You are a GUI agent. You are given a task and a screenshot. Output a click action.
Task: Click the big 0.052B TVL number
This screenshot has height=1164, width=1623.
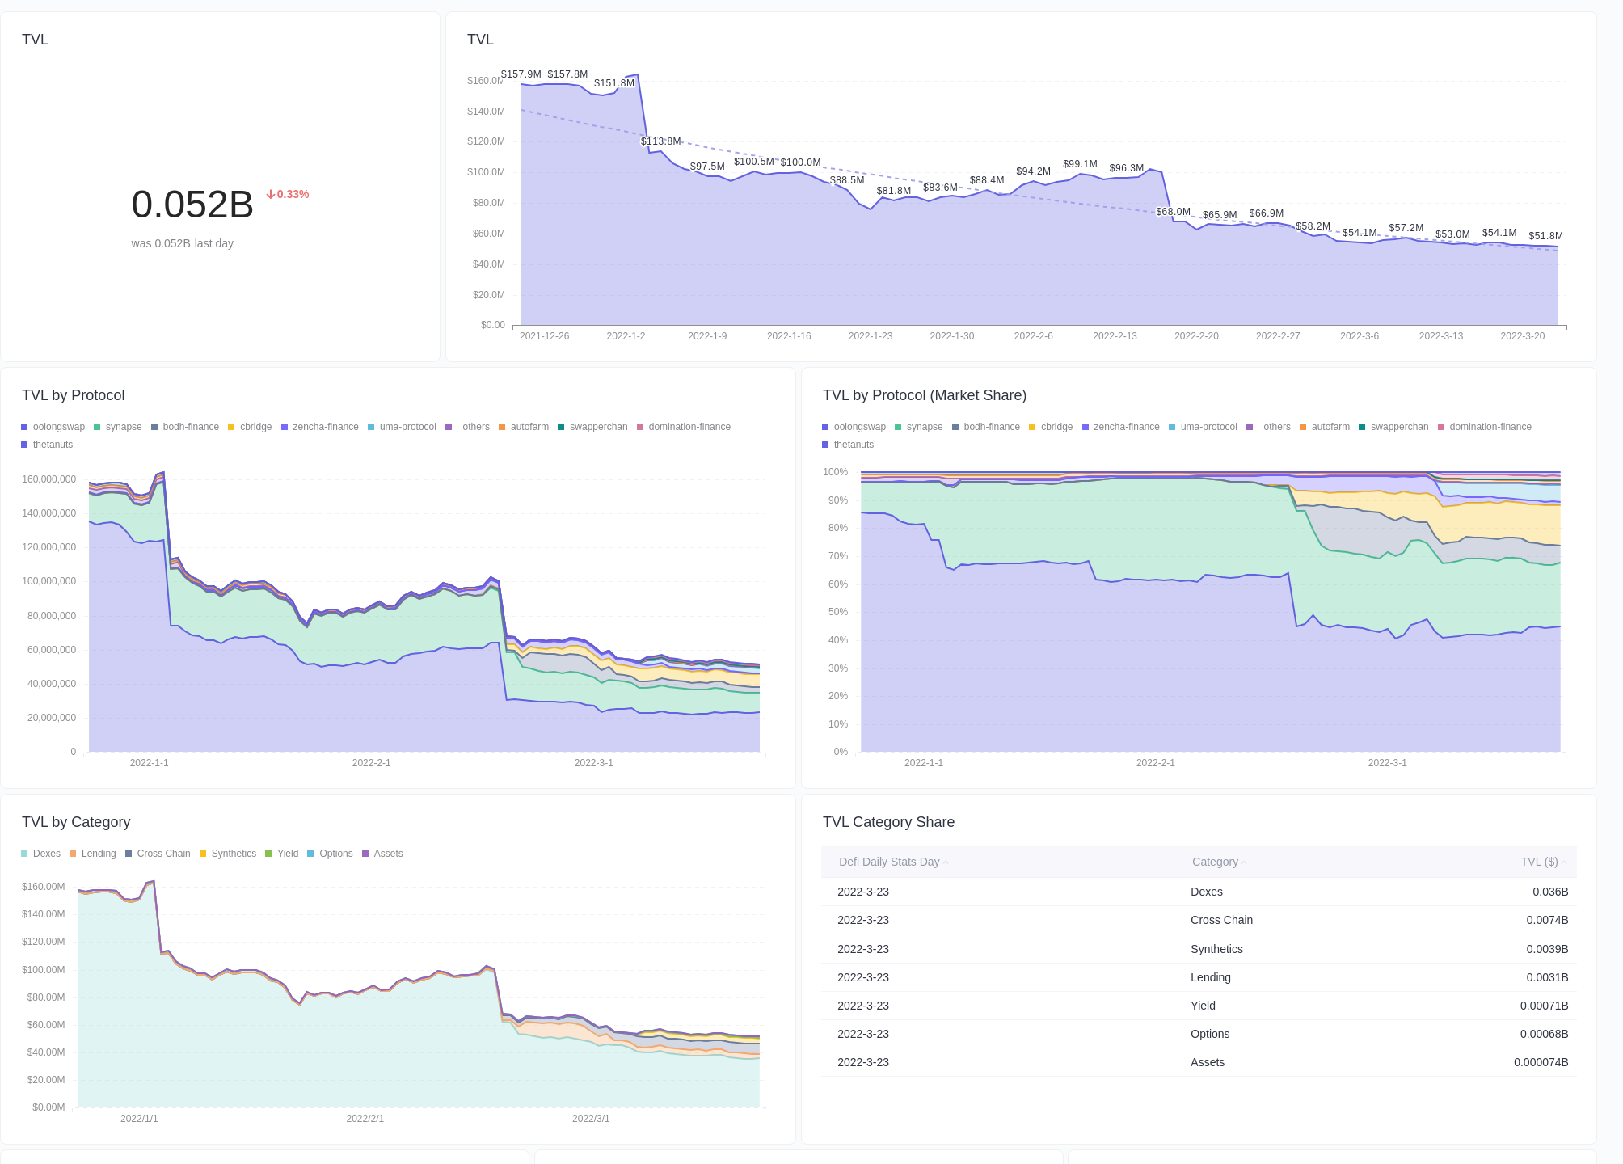pyautogui.click(x=192, y=205)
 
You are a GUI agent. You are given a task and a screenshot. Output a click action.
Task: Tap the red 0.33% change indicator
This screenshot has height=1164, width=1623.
pyautogui.click(x=288, y=194)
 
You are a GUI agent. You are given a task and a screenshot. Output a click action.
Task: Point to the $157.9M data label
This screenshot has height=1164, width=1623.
pyautogui.click(x=521, y=74)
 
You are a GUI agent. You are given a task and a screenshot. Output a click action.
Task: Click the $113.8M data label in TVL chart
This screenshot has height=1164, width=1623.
pyautogui.click(x=660, y=141)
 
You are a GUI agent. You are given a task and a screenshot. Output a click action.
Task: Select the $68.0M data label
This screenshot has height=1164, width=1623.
pyautogui.click(x=1173, y=212)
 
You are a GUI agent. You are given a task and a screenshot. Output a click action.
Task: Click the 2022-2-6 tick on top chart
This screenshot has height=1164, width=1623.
pyautogui.click(x=1033, y=336)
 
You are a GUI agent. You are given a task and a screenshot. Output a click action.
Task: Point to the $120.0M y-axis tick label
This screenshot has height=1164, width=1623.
pyautogui.click(x=486, y=141)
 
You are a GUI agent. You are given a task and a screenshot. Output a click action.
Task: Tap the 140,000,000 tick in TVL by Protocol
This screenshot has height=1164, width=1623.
pyautogui.click(x=48, y=513)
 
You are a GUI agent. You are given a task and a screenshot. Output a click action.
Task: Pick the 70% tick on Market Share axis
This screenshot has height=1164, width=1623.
pyautogui.click(x=837, y=556)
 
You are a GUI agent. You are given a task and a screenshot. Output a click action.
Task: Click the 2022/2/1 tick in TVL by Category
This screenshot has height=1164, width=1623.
pyautogui.click(x=365, y=1119)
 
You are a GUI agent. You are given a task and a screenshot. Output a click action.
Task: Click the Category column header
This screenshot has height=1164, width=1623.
pyautogui.click(x=1215, y=862)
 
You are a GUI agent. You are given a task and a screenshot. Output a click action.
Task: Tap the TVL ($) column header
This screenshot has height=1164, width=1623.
pyautogui.click(x=1539, y=862)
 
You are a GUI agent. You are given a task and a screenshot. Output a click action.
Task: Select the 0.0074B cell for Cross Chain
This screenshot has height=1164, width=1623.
pyautogui.click(x=1546, y=920)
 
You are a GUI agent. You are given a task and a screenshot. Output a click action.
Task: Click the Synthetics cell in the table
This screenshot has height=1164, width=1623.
pyautogui.click(x=1216, y=949)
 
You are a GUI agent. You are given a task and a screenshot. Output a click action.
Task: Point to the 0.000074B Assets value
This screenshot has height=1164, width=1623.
pyautogui.click(x=1541, y=1062)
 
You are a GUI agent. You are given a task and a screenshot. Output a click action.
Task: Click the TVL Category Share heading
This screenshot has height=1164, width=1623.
pyautogui.click(x=888, y=822)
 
